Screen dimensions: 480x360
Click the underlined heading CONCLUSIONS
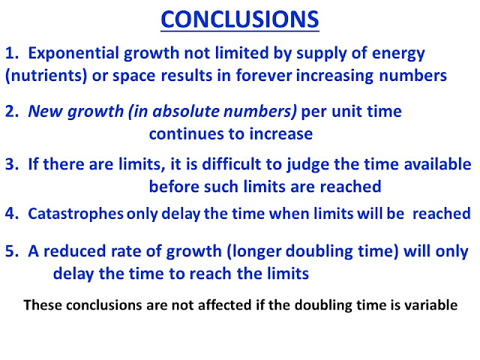[x=240, y=19]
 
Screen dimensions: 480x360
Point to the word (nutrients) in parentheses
[x=46, y=76]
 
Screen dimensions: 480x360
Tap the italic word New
[x=46, y=111]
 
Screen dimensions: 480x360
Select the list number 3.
[x=12, y=164]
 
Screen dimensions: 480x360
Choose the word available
[x=437, y=163]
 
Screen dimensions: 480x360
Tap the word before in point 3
[x=174, y=187]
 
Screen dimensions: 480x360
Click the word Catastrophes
[x=76, y=214]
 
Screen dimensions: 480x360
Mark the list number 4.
[x=12, y=214]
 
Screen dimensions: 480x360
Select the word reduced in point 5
[x=74, y=251]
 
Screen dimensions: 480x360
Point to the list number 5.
[x=12, y=251]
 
